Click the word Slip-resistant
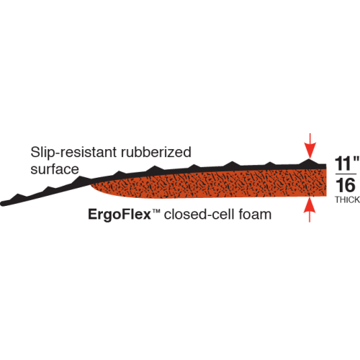(x=73, y=153)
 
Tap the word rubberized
(x=156, y=152)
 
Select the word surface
(x=55, y=169)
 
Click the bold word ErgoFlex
(x=120, y=215)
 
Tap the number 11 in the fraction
(x=343, y=163)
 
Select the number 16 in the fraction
(x=346, y=185)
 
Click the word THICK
(x=347, y=199)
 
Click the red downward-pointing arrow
(x=310, y=145)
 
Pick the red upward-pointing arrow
(x=310, y=210)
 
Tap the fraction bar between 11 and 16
(x=346, y=174)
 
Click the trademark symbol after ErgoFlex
(x=156, y=211)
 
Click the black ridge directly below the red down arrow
(x=310, y=161)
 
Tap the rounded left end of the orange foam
(x=91, y=185)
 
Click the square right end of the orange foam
(x=326, y=182)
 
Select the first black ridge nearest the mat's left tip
(x=17, y=196)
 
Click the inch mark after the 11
(x=356, y=159)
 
